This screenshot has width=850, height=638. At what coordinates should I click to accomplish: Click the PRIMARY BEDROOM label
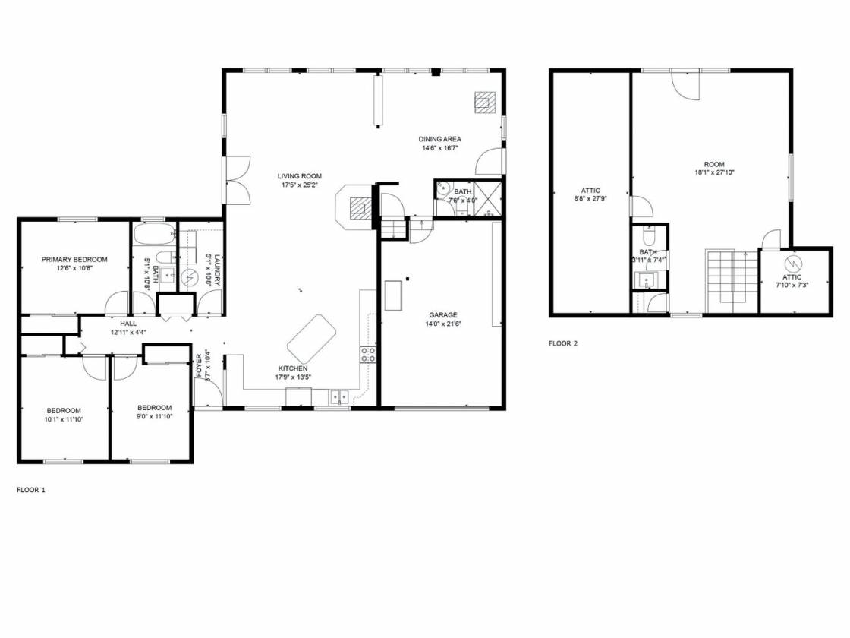tap(74, 259)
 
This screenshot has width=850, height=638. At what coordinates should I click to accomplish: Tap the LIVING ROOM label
tap(299, 175)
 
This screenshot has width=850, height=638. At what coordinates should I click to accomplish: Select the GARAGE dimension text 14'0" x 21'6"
tap(443, 324)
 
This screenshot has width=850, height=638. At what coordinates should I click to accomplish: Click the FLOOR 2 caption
tap(563, 343)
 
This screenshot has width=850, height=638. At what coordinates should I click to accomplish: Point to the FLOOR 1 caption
tap(31, 490)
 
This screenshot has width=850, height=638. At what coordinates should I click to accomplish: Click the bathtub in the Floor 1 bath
tap(155, 235)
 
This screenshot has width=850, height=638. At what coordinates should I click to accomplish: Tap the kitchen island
tap(311, 340)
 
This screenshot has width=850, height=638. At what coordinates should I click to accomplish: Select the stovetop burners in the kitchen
tap(368, 355)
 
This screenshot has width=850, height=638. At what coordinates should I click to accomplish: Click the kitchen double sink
tap(339, 397)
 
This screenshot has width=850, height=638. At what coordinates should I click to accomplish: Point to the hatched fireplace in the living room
tap(360, 208)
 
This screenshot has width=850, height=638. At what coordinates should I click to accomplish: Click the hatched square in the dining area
tap(485, 103)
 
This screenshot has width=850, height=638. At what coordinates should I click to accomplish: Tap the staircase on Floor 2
tap(731, 282)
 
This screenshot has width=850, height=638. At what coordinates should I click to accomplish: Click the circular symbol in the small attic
tap(793, 264)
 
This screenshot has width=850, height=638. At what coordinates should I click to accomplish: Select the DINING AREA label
tap(439, 139)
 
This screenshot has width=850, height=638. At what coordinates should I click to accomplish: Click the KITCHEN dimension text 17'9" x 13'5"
tap(293, 377)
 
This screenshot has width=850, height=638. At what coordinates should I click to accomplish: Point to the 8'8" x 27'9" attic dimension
tap(590, 198)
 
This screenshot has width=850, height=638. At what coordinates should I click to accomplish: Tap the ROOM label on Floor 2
tap(714, 164)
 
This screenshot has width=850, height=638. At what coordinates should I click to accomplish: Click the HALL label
tap(128, 324)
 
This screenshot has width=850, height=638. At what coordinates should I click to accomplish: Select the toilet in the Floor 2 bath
tap(650, 236)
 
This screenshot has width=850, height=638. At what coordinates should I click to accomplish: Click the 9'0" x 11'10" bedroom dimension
tap(155, 417)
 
